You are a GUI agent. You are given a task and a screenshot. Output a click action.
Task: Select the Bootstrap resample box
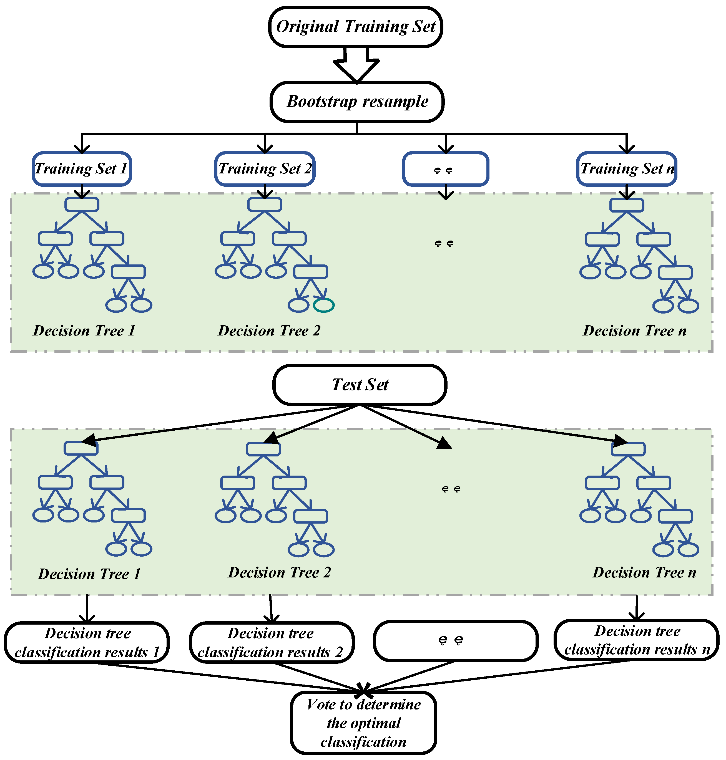[x=357, y=102]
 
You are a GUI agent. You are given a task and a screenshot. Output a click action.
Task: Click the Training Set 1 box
[x=82, y=169]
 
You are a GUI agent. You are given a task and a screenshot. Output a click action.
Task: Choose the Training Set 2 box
[x=265, y=169]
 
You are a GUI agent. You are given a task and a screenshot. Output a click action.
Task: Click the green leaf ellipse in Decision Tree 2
[x=323, y=305]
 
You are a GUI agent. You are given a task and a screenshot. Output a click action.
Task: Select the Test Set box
[x=360, y=385]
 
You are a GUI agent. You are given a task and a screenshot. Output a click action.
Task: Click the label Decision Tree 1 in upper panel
[x=84, y=331]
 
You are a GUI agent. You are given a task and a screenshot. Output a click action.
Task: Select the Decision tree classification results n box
[x=636, y=640]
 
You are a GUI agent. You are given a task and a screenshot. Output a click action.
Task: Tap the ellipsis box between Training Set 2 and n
[x=445, y=169]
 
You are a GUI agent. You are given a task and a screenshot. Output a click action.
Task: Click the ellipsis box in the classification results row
[x=456, y=641]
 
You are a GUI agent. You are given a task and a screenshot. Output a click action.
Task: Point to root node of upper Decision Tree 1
[x=82, y=204]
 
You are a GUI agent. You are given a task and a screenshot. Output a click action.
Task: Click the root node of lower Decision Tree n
[x=628, y=449]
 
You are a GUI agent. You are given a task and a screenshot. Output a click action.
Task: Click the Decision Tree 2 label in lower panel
[x=279, y=572]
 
